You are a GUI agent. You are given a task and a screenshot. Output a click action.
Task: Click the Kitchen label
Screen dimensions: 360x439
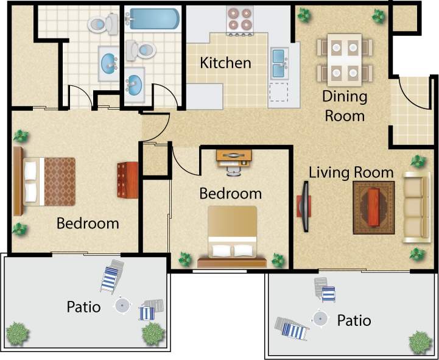tap(225, 63)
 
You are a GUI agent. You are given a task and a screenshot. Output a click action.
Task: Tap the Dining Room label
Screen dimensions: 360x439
tap(345, 105)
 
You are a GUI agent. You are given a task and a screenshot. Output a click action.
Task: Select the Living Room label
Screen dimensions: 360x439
tap(351, 172)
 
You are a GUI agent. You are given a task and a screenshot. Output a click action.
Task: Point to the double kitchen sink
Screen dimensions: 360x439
tap(279, 63)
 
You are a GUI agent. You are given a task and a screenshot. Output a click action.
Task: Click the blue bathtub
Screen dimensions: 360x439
tap(153, 19)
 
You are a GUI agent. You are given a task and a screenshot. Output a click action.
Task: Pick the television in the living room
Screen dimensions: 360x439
tap(303, 205)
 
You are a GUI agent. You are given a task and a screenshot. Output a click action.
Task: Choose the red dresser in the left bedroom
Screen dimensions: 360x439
tap(128, 179)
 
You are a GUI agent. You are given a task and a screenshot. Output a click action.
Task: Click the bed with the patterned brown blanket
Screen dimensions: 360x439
tap(49, 182)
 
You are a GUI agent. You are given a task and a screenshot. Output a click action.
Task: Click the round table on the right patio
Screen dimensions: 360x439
tap(320, 317)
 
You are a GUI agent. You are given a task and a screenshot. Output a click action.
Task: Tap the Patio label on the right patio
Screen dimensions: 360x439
tap(354, 320)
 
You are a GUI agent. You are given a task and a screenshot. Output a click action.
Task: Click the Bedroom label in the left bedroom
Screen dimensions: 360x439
tap(88, 224)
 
